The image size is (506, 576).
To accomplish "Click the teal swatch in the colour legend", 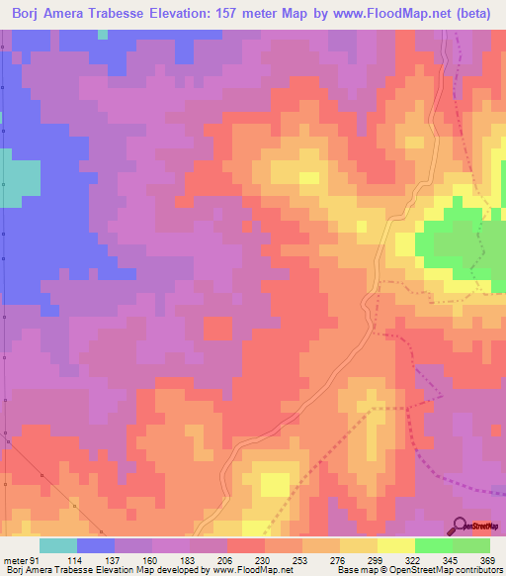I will (58, 546).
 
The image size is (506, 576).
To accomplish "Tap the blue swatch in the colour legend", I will (96, 546).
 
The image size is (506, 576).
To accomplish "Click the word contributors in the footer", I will (478, 571).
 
